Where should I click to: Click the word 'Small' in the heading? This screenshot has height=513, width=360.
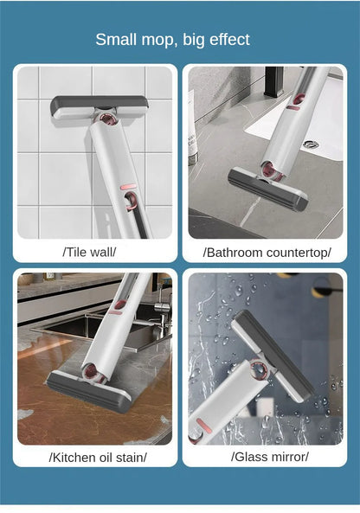(116, 39)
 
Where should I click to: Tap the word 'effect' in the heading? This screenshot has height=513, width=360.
(227, 39)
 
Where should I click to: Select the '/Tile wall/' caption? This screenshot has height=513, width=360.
(89, 252)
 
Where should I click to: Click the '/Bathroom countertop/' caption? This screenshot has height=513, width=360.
(267, 252)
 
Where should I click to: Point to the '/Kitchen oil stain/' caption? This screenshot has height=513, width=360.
(98, 456)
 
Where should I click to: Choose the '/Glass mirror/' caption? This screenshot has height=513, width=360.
(269, 456)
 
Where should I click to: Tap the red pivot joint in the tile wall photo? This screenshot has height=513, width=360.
(107, 119)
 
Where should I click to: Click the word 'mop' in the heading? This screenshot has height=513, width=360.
(161, 40)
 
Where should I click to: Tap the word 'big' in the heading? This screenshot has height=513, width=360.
(196, 40)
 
